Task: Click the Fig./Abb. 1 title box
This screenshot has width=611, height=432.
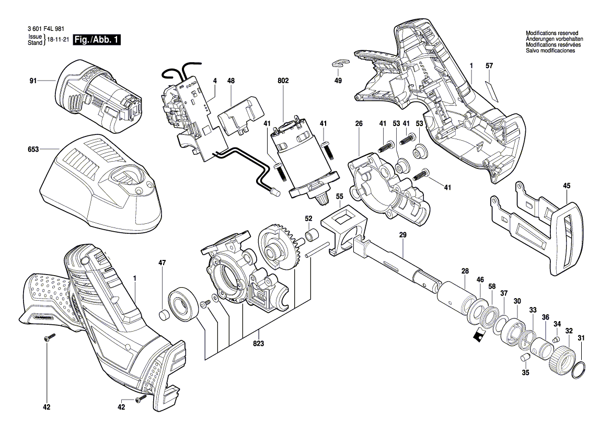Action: click(x=97, y=39)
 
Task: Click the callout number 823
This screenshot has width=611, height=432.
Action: click(x=258, y=343)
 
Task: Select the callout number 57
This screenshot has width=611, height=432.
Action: click(x=489, y=66)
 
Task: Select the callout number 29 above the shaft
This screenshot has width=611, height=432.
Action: click(x=402, y=235)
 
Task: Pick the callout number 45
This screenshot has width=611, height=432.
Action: click(x=567, y=186)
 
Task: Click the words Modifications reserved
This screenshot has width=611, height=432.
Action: click(x=552, y=33)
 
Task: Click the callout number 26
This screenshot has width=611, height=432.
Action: click(x=359, y=123)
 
